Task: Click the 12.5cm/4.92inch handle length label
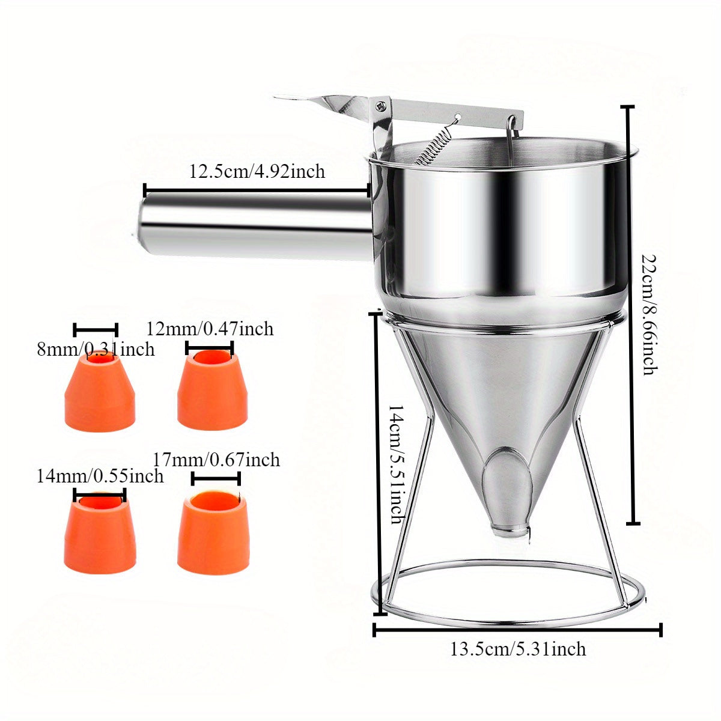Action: coord(257,172)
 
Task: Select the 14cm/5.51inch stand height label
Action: coord(397,463)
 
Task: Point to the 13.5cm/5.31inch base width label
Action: coord(518,649)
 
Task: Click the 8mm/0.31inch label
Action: coord(96,349)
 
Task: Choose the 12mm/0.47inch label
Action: coord(210,329)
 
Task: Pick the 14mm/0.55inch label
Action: coord(100,476)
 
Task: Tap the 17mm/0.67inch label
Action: coord(216,460)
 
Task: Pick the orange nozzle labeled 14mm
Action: coord(100,529)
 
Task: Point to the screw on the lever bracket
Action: coord(381,106)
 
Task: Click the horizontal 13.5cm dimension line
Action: coord(517,630)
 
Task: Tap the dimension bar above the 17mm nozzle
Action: coord(216,478)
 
